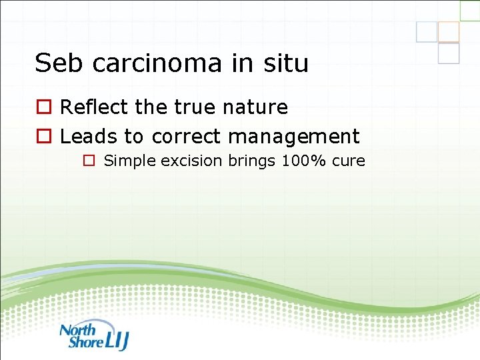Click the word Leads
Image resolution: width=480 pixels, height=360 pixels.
[89, 137]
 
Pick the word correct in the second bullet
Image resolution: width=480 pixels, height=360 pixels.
[186, 137]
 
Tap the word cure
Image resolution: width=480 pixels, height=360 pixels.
[349, 161]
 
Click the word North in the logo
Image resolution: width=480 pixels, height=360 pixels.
[78, 329]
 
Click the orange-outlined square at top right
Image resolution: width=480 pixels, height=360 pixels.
[449, 31]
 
